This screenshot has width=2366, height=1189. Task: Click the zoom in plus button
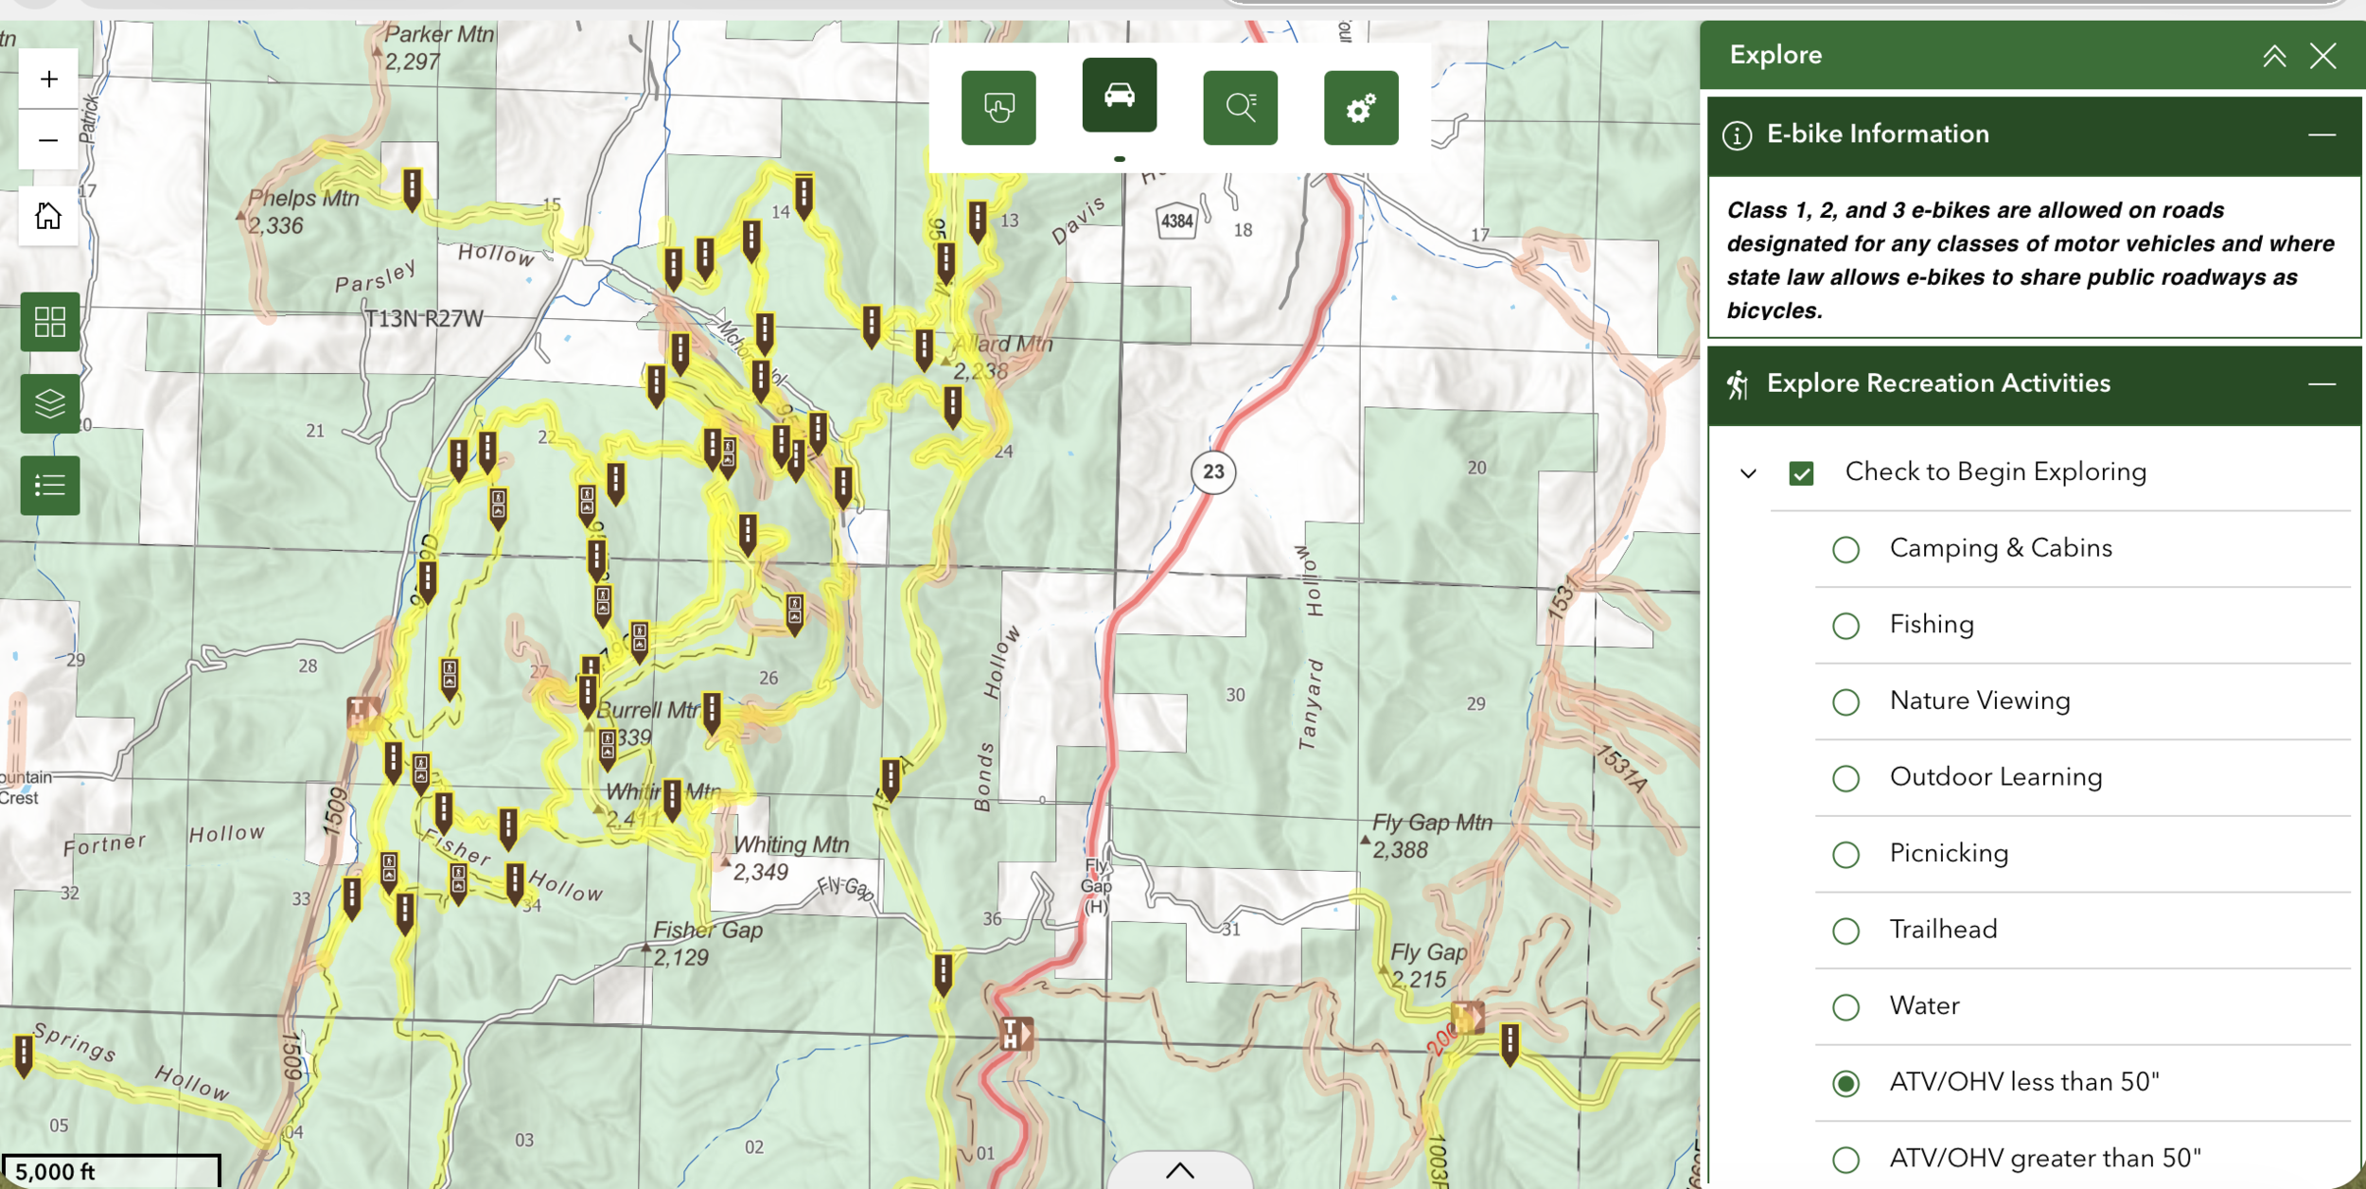pos(48,79)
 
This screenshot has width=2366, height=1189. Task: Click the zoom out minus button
pos(48,140)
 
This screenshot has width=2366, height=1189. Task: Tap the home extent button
pos(48,216)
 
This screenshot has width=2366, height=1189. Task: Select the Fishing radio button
pos(1845,626)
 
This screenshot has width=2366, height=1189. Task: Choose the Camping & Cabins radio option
pos(1845,549)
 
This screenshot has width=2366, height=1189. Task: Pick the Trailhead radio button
pos(1845,931)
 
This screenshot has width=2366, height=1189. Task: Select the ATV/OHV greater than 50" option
pos(1845,1159)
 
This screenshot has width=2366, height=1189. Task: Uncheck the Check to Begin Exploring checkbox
pos(1801,472)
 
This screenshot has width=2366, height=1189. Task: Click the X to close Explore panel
pos(2322,56)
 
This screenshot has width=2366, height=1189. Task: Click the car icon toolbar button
pos(1119,95)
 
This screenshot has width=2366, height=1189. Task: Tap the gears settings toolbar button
pos(1360,108)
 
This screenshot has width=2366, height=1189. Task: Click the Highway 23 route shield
pos(1213,471)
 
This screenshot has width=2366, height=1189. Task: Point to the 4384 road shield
pos(1176,222)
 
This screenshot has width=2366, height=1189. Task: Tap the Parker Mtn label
pos(439,35)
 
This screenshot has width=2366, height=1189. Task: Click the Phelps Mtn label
pos(304,199)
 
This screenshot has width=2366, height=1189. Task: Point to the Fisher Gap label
pos(707,931)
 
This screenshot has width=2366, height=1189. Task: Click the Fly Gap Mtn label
pos(1432,824)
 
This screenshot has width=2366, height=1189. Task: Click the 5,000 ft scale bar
pos(111,1170)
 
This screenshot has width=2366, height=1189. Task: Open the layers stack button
pos(49,404)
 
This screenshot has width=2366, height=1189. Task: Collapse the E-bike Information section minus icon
pos(2321,134)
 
